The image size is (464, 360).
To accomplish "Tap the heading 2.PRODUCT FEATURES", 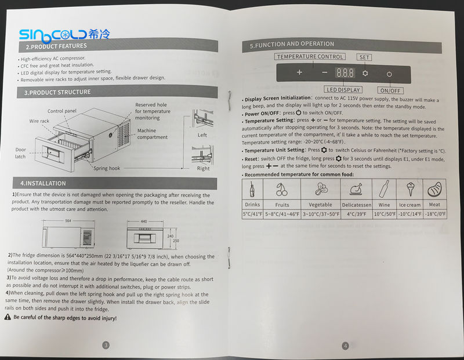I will pyautogui.click(x=56, y=46).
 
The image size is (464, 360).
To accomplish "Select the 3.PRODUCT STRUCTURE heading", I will pyautogui.click(x=57, y=92).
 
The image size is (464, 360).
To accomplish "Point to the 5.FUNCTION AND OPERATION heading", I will pyautogui.click(x=292, y=44).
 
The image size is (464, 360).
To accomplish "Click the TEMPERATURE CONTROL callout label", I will pyautogui.click(x=310, y=57).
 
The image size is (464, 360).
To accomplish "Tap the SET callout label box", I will pyautogui.click(x=365, y=57).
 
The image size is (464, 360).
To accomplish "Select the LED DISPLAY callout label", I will pyautogui.click(x=343, y=90).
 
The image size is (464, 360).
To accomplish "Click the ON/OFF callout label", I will pyautogui.click(x=391, y=90).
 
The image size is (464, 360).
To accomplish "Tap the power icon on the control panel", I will pyautogui.click(x=389, y=74).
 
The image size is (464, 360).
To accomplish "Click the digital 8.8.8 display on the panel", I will pyautogui.click(x=345, y=74).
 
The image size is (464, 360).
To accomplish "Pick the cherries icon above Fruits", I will pyautogui.click(x=282, y=189).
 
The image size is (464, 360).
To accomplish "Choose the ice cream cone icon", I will pyautogui.click(x=409, y=189).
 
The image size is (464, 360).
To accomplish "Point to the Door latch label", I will pyautogui.click(x=21, y=152).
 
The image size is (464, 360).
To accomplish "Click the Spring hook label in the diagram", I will pyautogui.click(x=107, y=168).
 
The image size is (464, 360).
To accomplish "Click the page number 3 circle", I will pyautogui.click(x=106, y=345).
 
